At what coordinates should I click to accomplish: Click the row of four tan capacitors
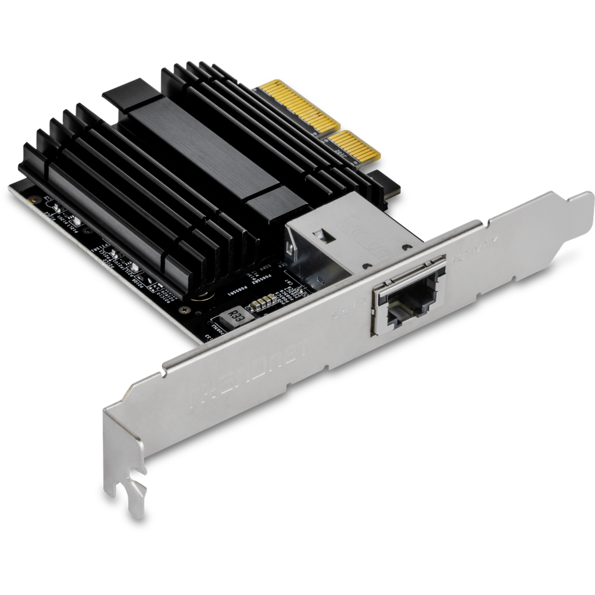tap(263, 300)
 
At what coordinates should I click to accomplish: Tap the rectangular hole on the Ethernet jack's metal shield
tap(319, 235)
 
